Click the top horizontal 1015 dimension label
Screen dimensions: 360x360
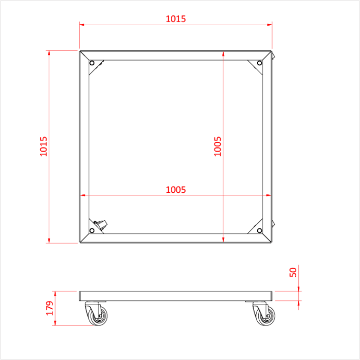click(175, 19)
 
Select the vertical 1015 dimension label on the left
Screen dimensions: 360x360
click(44, 146)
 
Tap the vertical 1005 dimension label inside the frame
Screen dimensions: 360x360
click(218, 146)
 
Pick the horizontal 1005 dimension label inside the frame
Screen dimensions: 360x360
click(175, 190)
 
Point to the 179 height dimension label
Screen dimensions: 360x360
click(50, 308)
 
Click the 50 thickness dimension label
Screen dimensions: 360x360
click(294, 272)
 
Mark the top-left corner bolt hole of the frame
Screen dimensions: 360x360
click(92, 63)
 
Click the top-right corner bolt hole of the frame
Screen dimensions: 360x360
click(260, 63)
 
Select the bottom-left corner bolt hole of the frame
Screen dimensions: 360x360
click(92, 230)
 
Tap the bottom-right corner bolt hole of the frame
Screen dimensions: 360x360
click(260, 230)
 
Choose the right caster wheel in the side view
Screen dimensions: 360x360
click(265, 316)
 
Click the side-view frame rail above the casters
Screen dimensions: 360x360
click(175, 296)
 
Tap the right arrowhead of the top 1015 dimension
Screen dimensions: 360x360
click(269, 24)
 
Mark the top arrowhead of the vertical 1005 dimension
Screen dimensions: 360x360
click(223, 52)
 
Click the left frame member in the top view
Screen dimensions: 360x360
click(84, 146)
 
